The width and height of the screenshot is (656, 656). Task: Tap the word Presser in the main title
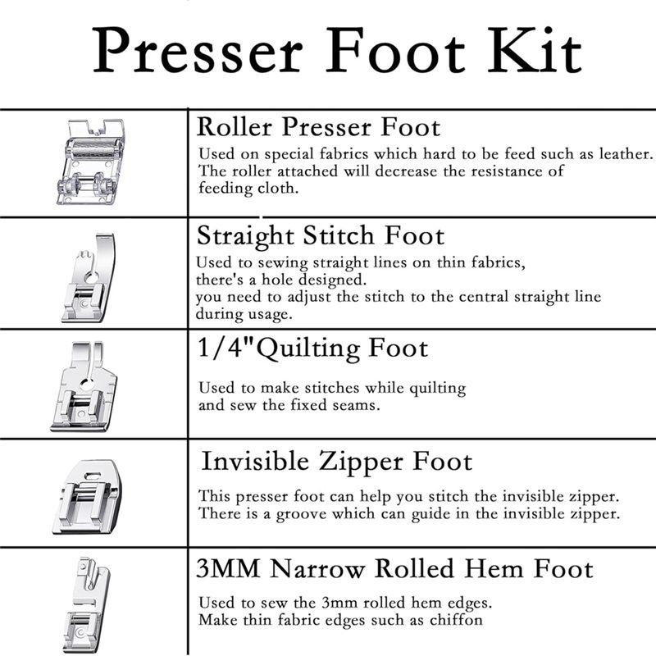pos(198,51)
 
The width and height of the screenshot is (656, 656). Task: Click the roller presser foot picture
pos(91,162)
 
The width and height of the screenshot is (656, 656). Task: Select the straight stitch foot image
pos(89,278)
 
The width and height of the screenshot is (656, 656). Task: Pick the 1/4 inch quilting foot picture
pos(84,386)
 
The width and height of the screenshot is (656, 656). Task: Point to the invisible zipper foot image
pos(88,497)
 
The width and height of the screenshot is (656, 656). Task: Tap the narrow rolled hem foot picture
pos(87,605)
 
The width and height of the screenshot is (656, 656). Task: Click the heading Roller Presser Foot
pos(318,127)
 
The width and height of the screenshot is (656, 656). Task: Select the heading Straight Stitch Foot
pos(321,236)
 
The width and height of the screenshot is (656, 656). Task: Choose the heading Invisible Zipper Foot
pos(337,462)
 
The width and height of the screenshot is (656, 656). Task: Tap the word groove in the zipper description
pos(301,514)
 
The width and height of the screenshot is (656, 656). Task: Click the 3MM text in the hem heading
pos(228,569)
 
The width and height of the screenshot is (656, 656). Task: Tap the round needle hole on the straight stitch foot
pos(91,277)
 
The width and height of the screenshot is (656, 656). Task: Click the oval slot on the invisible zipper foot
pos(92,475)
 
